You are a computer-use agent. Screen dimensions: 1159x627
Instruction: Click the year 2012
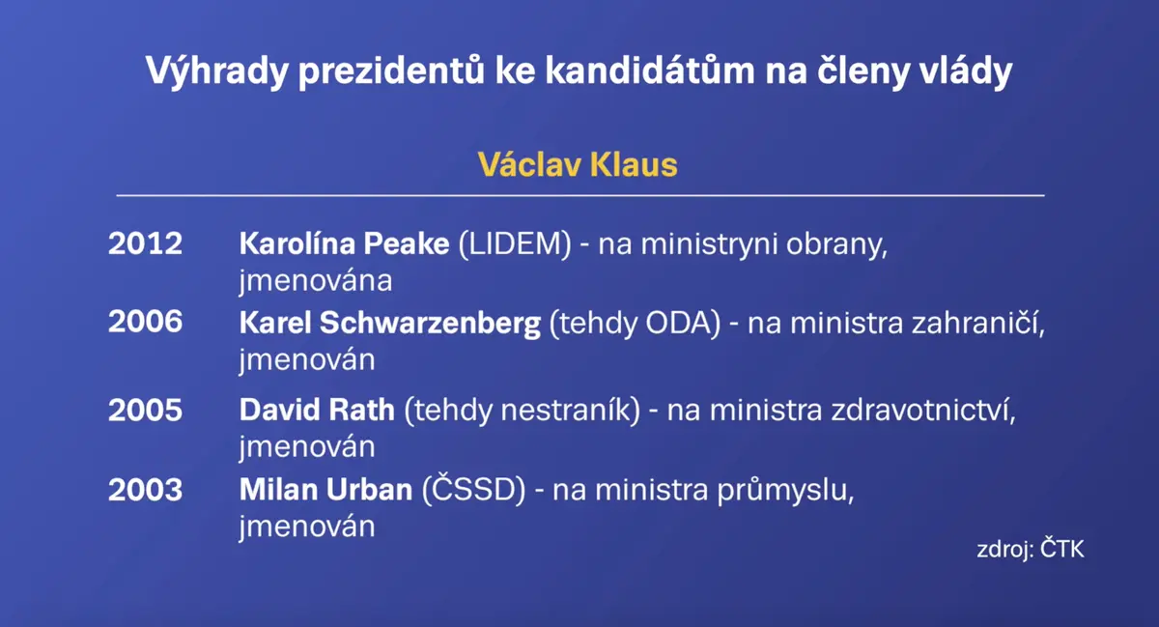click(x=146, y=243)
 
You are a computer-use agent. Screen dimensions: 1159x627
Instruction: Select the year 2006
click(x=146, y=322)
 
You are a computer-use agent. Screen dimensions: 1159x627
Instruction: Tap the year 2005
click(x=146, y=410)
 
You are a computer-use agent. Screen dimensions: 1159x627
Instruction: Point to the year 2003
click(x=146, y=489)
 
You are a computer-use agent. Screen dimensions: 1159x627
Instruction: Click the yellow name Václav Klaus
click(x=578, y=165)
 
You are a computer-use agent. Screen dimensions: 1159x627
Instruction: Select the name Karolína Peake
click(x=344, y=243)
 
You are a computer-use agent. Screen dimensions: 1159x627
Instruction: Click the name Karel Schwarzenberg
click(x=389, y=324)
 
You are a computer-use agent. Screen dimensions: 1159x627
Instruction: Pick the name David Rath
click(x=317, y=410)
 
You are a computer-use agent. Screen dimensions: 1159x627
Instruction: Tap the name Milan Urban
click(x=325, y=489)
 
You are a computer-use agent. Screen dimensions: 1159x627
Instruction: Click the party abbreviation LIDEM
click(x=515, y=243)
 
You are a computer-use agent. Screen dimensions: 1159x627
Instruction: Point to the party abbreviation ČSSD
click(x=474, y=488)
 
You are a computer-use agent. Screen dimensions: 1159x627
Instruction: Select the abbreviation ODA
click(x=678, y=323)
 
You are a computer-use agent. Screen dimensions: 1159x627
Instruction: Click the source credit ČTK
click(x=1061, y=549)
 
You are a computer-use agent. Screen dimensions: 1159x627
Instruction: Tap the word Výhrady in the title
click(x=216, y=71)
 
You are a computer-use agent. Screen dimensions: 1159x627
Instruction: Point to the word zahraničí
click(x=977, y=323)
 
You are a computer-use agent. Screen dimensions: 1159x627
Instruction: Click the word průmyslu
click(x=785, y=491)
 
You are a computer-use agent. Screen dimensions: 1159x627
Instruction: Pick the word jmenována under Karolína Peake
click(x=316, y=282)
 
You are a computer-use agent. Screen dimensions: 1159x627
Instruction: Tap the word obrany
click(x=836, y=244)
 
